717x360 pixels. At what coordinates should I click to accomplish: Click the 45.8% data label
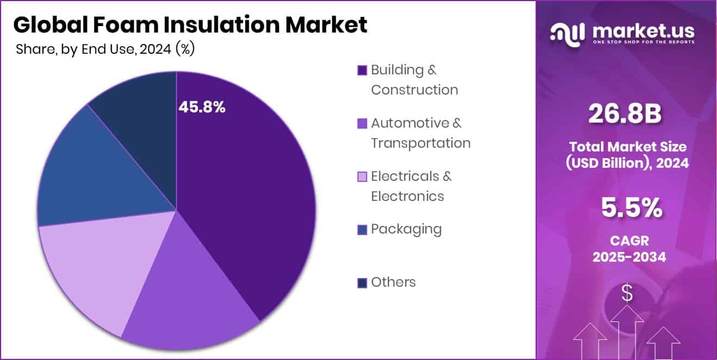click(202, 108)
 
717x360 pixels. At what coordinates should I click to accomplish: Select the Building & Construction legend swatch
click(362, 70)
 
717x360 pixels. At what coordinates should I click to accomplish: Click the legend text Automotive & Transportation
click(420, 133)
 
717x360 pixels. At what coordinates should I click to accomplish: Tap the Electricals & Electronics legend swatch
click(362, 177)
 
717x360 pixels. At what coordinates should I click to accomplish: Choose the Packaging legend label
click(406, 229)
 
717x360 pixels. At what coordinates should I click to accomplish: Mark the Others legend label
click(393, 282)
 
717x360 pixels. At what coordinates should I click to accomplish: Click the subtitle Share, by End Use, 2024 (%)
click(105, 49)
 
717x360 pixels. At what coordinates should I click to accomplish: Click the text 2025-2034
click(629, 257)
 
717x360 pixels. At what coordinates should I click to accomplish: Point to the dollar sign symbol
click(627, 294)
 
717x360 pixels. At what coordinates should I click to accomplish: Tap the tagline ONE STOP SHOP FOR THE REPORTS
click(643, 42)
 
